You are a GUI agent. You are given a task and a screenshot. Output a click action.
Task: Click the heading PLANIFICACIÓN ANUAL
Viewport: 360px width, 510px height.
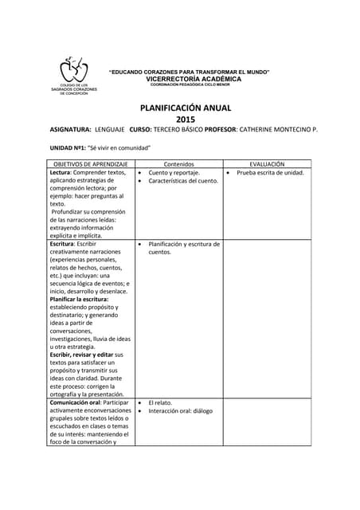pos(186,108)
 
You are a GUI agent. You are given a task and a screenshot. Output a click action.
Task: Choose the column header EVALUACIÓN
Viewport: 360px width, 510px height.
pos(267,163)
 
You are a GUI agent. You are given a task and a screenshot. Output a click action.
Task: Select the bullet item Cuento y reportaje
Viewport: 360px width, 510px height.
pos(174,172)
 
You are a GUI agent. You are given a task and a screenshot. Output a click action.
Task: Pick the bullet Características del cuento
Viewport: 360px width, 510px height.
pos(183,181)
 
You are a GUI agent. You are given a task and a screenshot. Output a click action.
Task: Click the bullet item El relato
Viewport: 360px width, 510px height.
pos(160,403)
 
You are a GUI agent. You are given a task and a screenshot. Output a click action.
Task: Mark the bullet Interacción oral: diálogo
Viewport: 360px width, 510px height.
pos(181,411)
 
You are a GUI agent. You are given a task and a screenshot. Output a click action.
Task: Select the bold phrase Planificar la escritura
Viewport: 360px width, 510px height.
pos(84,299)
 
